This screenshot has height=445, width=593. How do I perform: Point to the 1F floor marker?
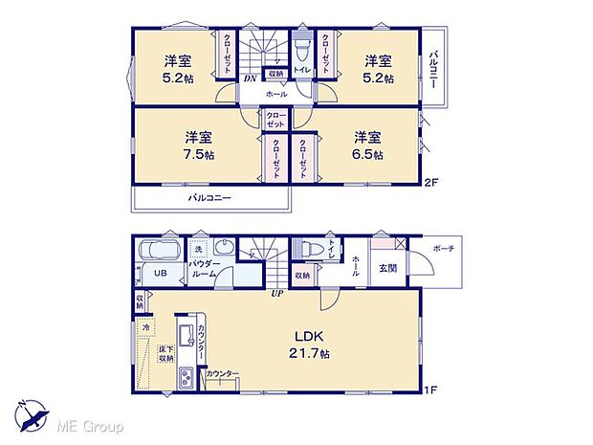tap(431, 389)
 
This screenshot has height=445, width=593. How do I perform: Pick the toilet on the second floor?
tap(300, 46)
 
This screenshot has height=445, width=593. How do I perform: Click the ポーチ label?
tap(443, 248)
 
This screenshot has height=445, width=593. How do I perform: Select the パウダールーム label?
tap(209, 268)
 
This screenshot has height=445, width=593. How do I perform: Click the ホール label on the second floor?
tap(277, 94)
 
